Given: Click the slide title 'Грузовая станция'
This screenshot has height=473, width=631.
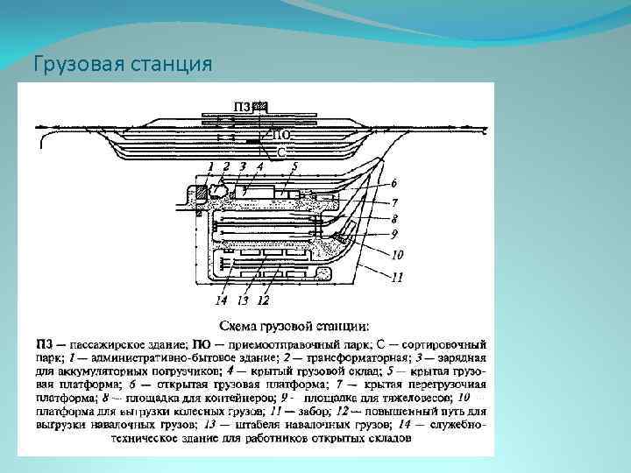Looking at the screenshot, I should (x=122, y=64).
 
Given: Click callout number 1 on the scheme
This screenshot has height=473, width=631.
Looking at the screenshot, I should (x=210, y=166).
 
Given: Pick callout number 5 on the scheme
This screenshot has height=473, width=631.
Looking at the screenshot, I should (x=294, y=166).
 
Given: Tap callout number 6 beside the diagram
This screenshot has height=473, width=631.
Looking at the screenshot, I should (x=394, y=183).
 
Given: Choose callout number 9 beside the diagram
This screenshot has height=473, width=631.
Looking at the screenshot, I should (x=394, y=234).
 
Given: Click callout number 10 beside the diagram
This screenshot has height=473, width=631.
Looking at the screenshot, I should (x=397, y=256).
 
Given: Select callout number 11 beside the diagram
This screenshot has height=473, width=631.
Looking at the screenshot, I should (x=397, y=279).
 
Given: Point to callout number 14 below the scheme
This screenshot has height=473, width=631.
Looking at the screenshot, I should (x=222, y=300).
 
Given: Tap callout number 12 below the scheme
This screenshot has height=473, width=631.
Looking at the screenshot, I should (x=263, y=300).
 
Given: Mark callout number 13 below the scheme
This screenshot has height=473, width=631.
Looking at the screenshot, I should (x=242, y=300).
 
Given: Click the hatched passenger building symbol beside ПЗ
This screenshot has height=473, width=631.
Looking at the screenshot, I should (x=260, y=106).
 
